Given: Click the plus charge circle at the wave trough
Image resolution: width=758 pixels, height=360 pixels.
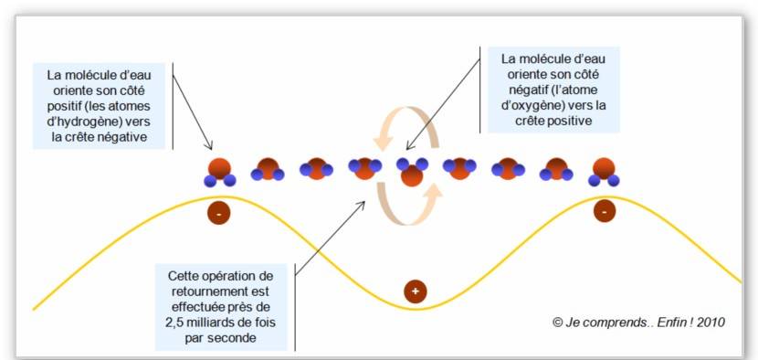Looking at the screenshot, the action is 416,291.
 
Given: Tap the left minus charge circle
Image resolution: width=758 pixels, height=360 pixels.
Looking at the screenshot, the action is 218,214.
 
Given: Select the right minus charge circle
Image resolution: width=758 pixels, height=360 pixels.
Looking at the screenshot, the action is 604,211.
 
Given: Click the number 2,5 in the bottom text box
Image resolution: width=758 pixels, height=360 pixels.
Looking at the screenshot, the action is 176,323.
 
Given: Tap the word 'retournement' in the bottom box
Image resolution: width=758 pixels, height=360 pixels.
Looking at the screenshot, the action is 205,291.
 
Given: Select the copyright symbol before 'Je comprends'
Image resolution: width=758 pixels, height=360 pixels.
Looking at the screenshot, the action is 557,323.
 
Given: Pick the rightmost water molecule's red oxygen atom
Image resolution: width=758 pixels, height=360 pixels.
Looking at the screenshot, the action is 604,168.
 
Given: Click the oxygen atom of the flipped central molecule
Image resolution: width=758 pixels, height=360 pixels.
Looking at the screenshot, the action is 412,175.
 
